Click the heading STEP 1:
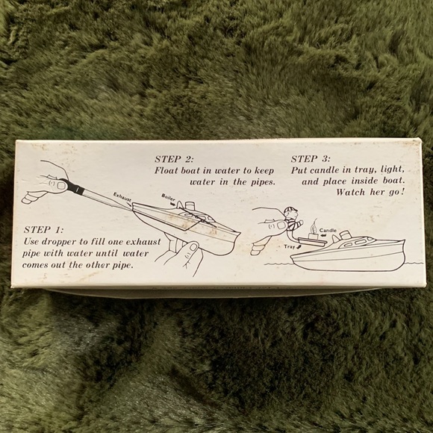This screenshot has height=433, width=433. click(43, 230)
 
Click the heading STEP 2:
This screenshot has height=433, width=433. click(174, 159)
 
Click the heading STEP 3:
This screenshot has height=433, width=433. click(311, 159)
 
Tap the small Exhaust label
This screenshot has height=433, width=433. click(122, 199)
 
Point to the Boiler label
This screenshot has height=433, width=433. click(168, 197)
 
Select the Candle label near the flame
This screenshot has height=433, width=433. click(328, 230)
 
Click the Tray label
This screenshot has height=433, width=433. click(290, 246)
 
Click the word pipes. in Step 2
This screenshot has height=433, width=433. click(263, 183)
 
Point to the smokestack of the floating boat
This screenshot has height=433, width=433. click(345, 235)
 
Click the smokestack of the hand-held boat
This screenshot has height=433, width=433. click(190, 207)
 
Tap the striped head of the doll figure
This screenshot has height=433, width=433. click(290, 213)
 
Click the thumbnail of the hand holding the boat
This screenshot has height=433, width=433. click(194, 246)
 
